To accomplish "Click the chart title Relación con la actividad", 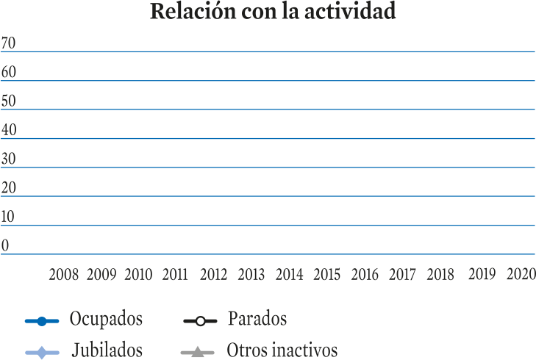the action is pos(273,11).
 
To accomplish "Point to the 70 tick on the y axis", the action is pos(8,43).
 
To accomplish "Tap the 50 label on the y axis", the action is pos(8,101).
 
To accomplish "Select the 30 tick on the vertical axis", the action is pos(8,159).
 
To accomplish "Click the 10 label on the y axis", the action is pos(7,217).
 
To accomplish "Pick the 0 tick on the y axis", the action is pos(5,245).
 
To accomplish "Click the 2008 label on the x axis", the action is pos(63,275).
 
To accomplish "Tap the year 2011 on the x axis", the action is pos(175,275).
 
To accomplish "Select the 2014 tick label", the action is pos(289,275).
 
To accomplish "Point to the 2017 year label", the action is pos(402,275).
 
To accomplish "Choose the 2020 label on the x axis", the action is pos(521,274).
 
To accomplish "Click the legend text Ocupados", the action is pos(106,320).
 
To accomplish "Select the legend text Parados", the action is pos(257,318).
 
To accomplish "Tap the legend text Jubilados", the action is pos(107,350).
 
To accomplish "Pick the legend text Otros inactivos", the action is pos(282,350).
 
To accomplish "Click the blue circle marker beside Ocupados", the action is pos(42,321).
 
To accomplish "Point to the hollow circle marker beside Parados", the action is pos(200,321).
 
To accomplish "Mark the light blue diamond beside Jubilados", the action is pos(42,353).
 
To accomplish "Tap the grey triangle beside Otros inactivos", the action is pos(197,352).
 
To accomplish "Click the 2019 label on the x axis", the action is pos(482,274).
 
